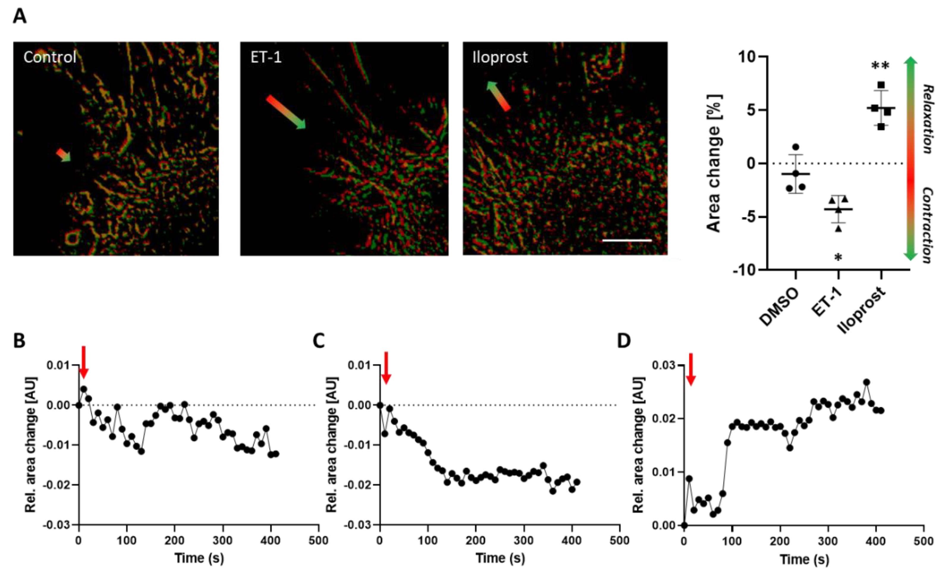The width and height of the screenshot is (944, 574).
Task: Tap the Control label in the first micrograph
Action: [x=50, y=57]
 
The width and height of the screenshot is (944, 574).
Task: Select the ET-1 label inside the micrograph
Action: [x=266, y=57]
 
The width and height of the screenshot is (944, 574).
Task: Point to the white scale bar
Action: [x=627, y=240]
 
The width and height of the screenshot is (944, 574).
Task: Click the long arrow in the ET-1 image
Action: [x=286, y=112]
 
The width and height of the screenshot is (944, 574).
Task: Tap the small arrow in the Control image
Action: [x=64, y=155]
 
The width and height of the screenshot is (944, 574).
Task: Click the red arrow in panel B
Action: [x=84, y=362]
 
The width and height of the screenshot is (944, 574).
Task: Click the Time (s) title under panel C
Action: [x=500, y=558]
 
